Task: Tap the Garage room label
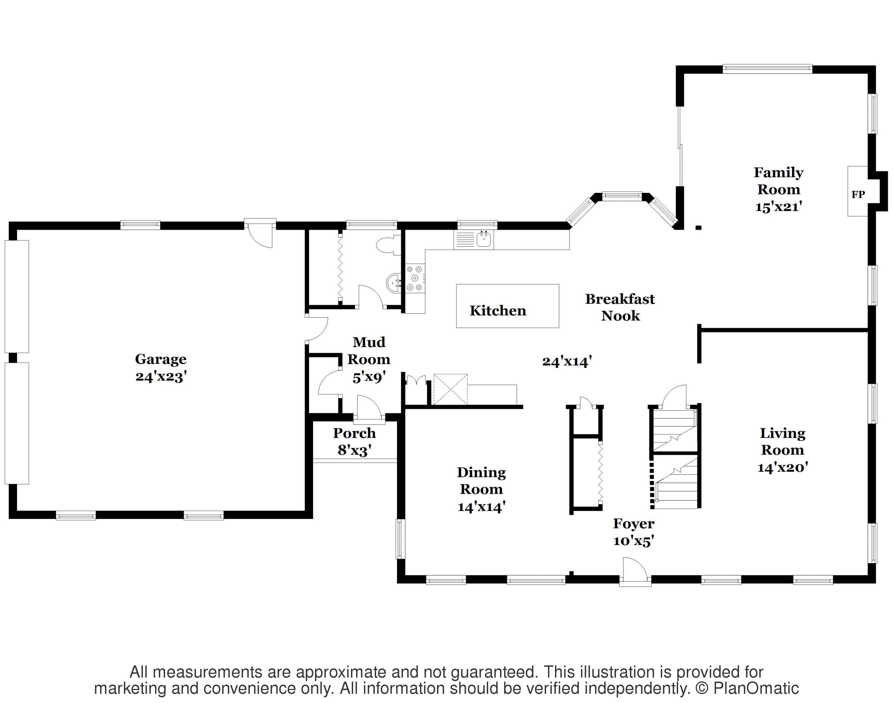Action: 160,359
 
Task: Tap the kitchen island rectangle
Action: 508,306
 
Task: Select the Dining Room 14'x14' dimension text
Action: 481,507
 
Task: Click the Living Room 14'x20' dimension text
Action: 783,467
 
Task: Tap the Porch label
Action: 355,433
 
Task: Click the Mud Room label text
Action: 369,350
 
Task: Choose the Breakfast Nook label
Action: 620,307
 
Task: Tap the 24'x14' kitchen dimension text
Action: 567,361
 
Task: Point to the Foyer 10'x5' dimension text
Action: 634,541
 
